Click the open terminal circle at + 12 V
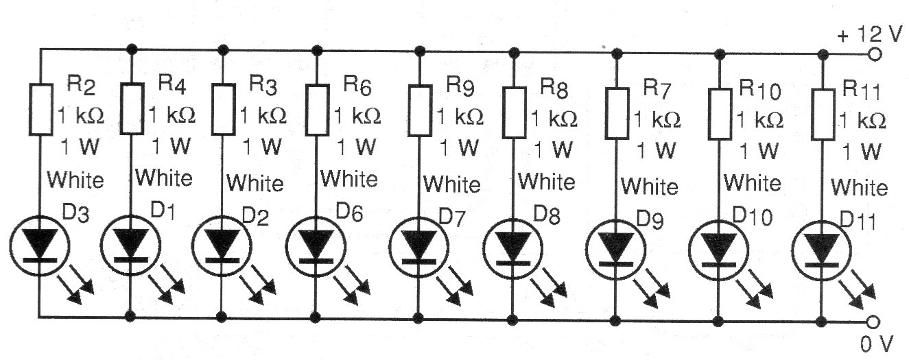874,54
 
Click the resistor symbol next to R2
40,108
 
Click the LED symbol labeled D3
40,244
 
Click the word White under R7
650,186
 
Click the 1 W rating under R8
547,149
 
